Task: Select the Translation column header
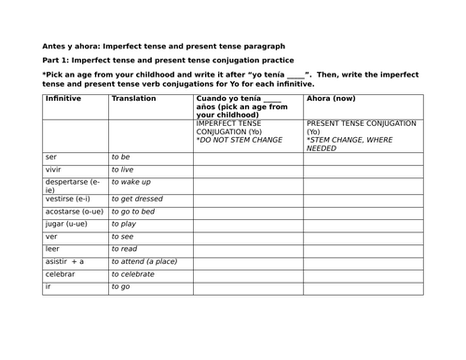tap(134, 98)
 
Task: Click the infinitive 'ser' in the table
tap(51, 157)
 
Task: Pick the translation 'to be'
tap(121, 157)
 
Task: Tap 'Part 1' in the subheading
tap(58, 61)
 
